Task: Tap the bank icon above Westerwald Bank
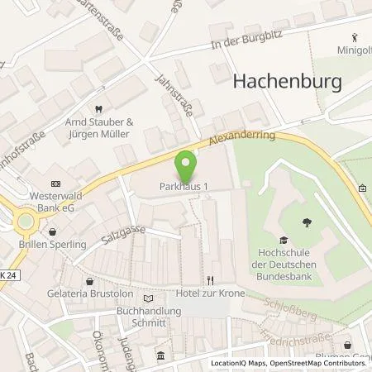(x=55, y=184)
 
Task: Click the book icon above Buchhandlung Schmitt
(x=149, y=298)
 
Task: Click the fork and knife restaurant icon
(x=212, y=279)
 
